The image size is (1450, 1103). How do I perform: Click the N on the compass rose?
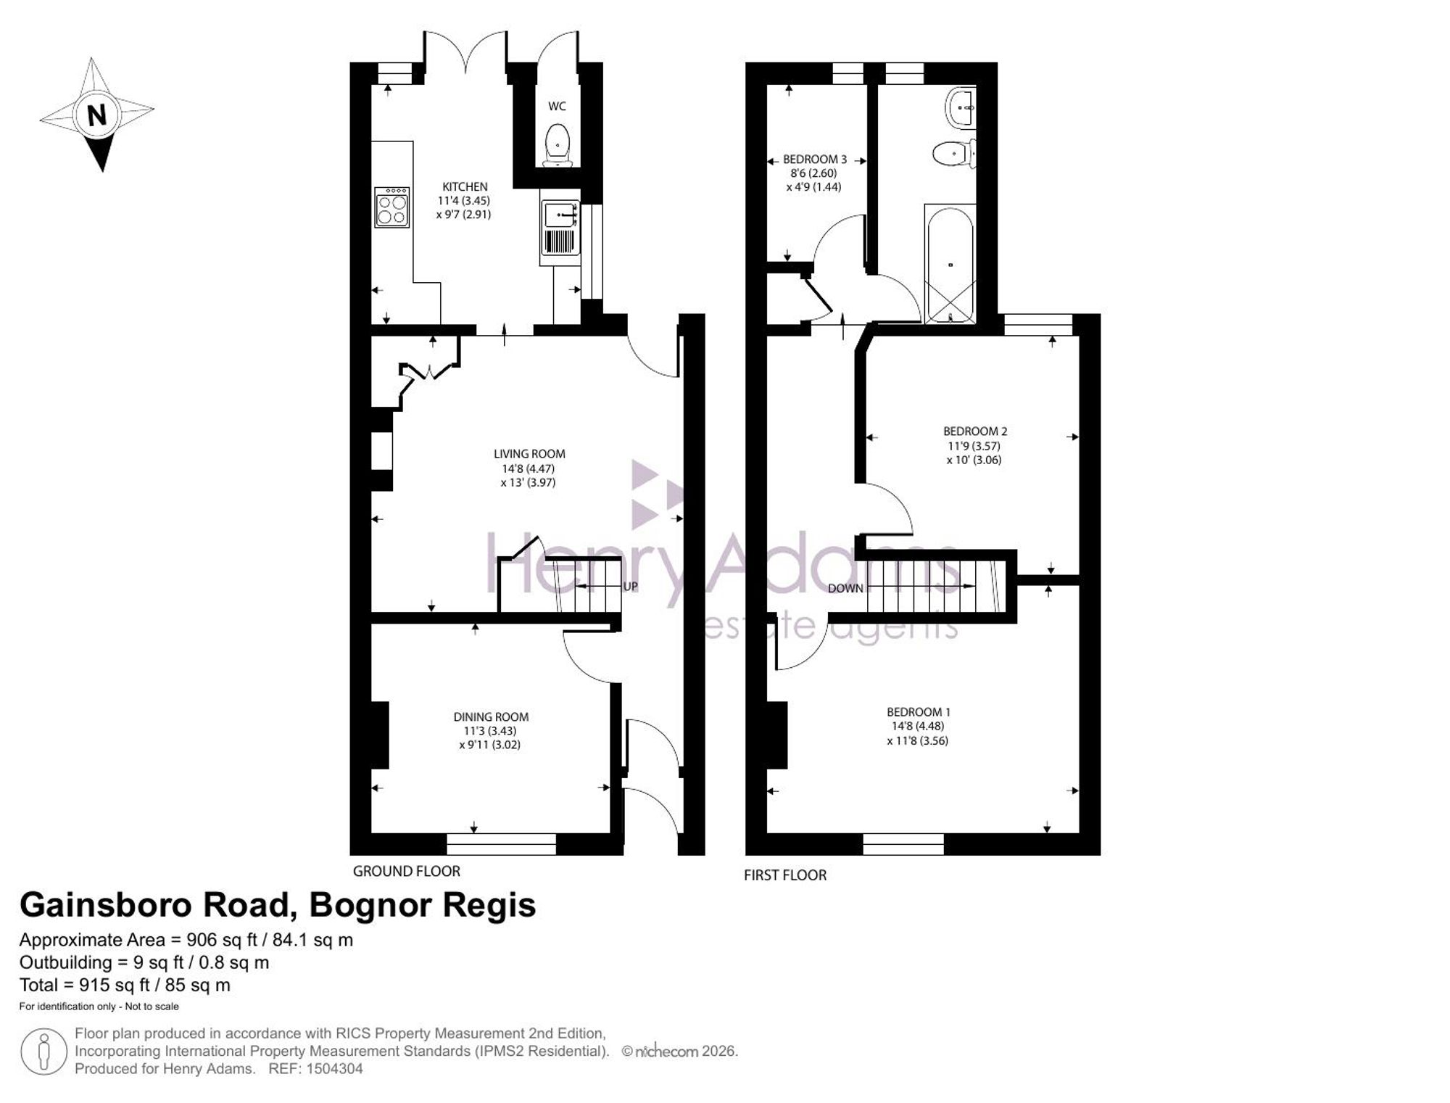(96, 115)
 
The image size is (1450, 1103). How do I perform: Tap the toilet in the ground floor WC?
(558, 145)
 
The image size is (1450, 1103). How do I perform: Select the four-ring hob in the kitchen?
(392, 207)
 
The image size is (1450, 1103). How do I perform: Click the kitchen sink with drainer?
(560, 228)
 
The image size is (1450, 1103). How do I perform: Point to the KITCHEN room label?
(465, 187)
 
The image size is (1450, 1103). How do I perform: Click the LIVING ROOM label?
(529, 454)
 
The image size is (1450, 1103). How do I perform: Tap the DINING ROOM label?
(491, 717)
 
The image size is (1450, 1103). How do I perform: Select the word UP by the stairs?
(631, 586)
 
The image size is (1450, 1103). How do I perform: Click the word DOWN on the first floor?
(845, 588)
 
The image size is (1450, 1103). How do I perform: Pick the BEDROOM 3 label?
(815, 160)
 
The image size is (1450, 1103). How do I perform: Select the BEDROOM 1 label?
(919, 712)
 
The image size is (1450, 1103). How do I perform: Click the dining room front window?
(501, 844)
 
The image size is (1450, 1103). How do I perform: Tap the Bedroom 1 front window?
(903, 844)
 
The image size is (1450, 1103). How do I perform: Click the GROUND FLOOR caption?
(407, 871)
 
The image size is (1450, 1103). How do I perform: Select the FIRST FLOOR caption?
(785, 875)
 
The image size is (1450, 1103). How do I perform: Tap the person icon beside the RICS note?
(44, 1051)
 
